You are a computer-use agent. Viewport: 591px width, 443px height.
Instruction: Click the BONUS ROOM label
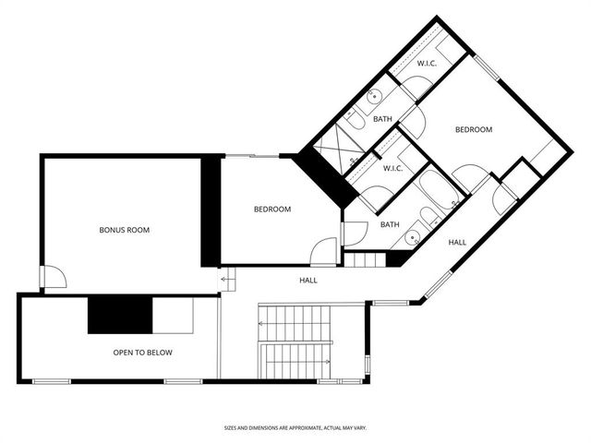click(x=124, y=230)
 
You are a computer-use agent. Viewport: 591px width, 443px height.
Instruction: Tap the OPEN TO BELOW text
click(x=142, y=353)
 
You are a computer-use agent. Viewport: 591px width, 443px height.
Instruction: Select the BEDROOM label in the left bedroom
click(x=272, y=210)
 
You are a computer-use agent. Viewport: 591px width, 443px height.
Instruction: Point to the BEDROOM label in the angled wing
click(x=473, y=130)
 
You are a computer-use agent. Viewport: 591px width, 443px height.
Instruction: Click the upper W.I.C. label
click(x=426, y=64)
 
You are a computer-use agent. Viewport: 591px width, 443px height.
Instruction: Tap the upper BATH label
click(x=382, y=119)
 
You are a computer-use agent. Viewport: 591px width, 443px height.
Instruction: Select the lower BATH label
click(x=390, y=224)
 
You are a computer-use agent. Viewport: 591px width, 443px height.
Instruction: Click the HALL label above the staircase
click(x=308, y=280)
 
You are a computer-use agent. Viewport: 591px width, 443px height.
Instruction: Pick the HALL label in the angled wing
click(x=457, y=242)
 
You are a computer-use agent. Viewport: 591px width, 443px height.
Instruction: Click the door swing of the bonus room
click(x=54, y=276)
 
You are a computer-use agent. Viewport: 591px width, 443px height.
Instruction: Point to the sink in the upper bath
click(x=375, y=96)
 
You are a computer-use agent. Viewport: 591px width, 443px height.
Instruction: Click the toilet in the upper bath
click(x=355, y=121)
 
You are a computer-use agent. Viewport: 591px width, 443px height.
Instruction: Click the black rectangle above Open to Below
click(x=120, y=314)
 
